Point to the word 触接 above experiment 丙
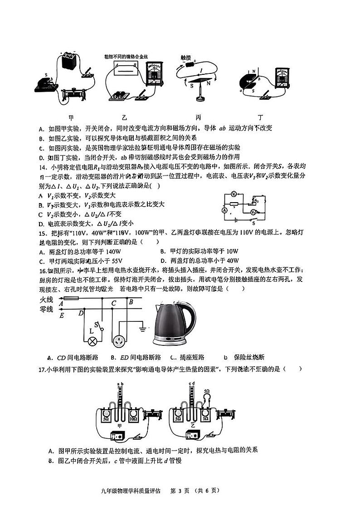click(186, 58)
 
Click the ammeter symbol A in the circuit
click(224, 210)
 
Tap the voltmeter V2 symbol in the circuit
click(255, 212)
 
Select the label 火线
click(47, 300)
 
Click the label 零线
click(47, 309)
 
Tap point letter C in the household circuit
click(114, 303)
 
